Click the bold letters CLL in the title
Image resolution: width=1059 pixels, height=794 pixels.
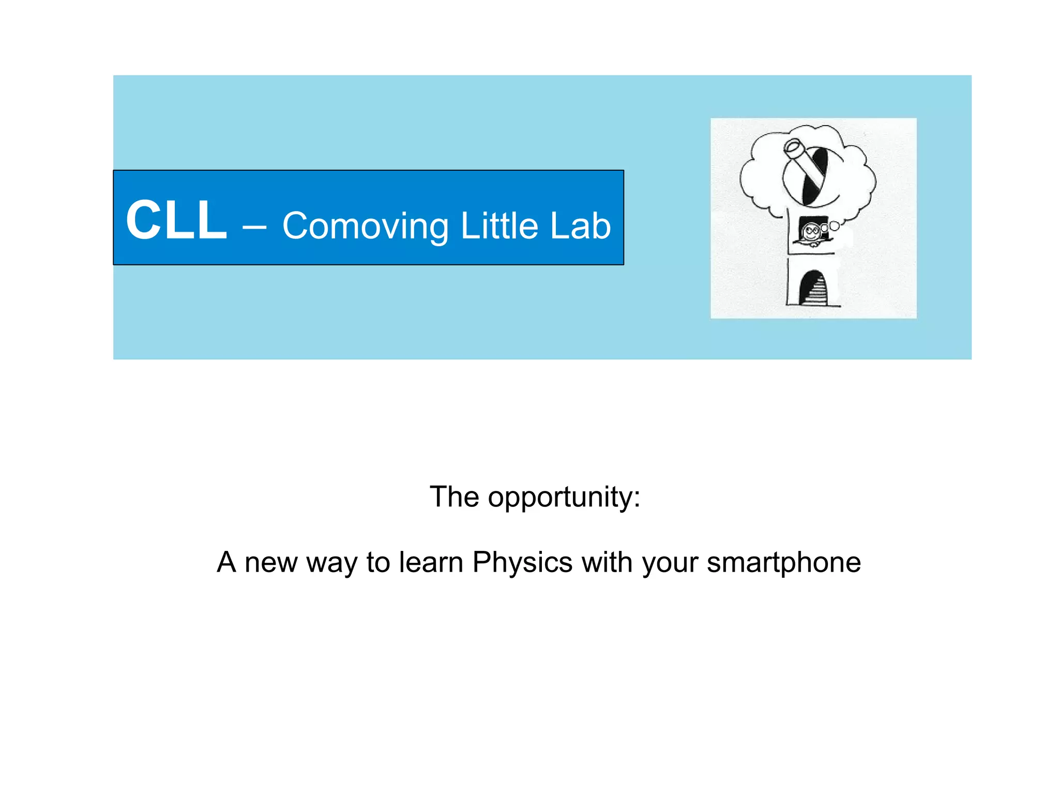click(x=176, y=220)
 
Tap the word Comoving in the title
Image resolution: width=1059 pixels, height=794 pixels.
click(x=366, y=227)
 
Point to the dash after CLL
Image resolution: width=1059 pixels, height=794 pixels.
click(x=254, y=226)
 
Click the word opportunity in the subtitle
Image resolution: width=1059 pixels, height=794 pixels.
click(x=564, y=498)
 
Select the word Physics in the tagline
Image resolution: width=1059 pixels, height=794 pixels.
click(x=522, y=562)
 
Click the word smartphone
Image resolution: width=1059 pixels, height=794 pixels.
click(x=784, y=563)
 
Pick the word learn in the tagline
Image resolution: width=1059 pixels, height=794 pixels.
click(x=431, y=562)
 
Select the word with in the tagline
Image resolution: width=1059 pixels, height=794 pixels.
click(x=607, y=562)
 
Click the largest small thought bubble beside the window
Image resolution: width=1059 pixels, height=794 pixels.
click(x=834, y=226)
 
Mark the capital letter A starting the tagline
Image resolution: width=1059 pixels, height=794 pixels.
click(x=226, y=562)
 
